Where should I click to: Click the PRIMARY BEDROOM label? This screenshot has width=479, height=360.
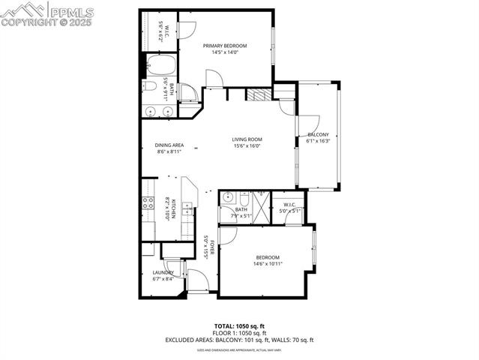pos(225,46)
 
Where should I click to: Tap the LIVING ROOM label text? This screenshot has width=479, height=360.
pos(247,139)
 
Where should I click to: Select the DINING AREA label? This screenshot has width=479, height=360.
pos(169,145)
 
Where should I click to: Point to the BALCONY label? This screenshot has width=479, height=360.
pos(318,134)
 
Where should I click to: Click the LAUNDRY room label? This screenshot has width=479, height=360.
pos(163,272)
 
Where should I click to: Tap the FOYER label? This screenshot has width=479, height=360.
pos(212,248)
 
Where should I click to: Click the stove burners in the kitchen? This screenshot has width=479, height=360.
pos(148,203)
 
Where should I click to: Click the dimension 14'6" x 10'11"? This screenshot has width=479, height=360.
pos(268,263)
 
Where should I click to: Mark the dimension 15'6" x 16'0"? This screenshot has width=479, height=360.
pos(247,146)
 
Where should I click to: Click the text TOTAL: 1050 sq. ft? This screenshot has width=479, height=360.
pos(239,326)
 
